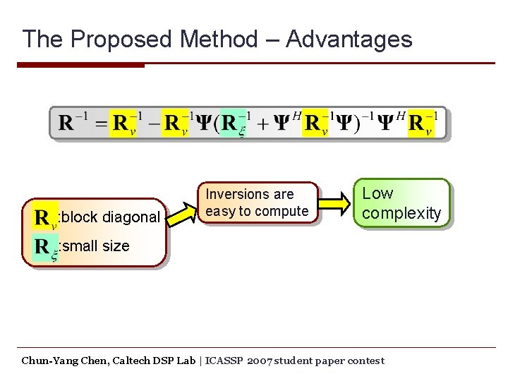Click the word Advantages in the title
coord(349,39)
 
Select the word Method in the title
coord(219,39)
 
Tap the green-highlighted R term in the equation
coord(234,124)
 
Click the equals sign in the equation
coord(102,124)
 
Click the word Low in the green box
coord(377,193)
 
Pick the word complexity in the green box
coord(401,213)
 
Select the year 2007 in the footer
coord(258,361)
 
